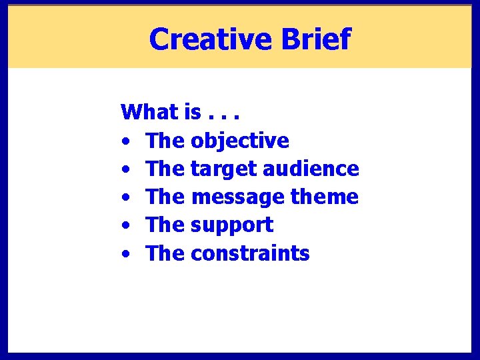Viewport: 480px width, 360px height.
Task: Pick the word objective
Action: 239,141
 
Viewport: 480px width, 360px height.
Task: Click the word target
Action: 223,169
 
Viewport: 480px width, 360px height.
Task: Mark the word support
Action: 232,225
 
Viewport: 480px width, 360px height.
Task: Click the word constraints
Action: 250,253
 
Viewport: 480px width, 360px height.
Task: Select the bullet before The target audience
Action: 125,170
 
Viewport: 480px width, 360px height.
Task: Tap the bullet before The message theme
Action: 125,198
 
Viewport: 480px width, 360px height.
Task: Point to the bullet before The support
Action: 125,226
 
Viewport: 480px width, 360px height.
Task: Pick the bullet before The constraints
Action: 125,255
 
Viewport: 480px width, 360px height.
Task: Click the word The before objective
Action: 165,141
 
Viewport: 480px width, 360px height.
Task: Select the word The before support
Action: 165,225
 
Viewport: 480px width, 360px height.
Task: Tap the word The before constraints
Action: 165,253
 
